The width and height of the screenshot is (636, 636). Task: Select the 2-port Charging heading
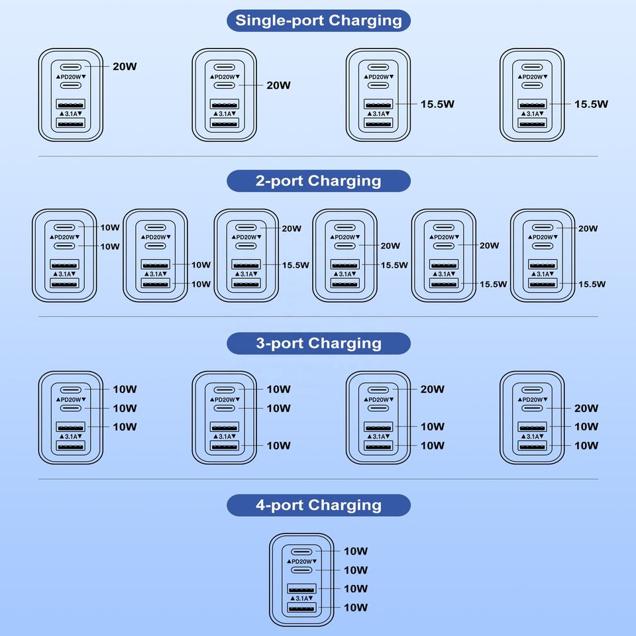tap(319, 181)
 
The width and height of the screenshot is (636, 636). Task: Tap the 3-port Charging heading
tap(319, 343)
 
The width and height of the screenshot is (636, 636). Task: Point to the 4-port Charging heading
tap(319, 505)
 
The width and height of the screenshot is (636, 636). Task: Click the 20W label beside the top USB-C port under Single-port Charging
tap(125, 67)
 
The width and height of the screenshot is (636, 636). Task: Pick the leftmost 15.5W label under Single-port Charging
tap(437, 104)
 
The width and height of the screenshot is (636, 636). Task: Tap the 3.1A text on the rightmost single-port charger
tap(533, 114)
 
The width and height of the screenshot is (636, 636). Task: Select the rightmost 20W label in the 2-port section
tap(588, 229)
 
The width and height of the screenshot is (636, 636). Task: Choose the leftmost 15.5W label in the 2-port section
tap(295, 265)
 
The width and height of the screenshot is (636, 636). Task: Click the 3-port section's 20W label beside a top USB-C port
tap(432, 390)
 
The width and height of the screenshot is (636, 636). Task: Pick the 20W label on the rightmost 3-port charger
tap(586, 408)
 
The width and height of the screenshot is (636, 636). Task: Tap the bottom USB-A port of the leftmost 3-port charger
tap(70, 446)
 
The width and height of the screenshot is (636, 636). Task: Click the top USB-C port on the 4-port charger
tap(301, 551)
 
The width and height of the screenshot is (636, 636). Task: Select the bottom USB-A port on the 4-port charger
tap(301, 608)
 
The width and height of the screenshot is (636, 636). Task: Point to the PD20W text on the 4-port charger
tap(301, 561)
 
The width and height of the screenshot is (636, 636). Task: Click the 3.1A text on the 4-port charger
tap(301, 598)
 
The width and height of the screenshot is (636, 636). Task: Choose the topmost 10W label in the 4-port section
tap(356, 551)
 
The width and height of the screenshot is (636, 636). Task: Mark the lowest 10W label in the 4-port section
tap(356, 608)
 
